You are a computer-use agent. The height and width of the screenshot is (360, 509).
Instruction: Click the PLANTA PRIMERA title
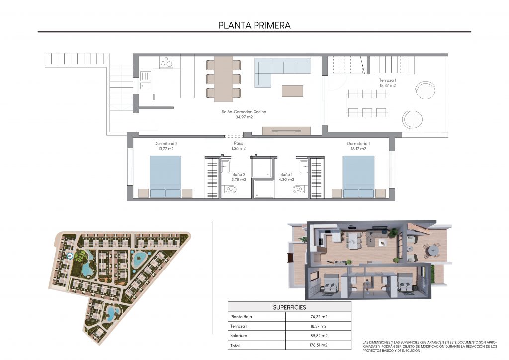[254, 25]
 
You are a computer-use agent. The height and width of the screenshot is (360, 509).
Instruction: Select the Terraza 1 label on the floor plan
[388, 83]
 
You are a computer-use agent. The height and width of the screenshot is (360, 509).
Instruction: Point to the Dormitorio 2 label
[166, 146]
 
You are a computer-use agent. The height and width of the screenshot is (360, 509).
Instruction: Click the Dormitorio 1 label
[358, 146]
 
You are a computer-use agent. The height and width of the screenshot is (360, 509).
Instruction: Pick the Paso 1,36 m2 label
[238, 146]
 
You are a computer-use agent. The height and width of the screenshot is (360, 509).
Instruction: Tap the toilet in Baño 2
[230, 189]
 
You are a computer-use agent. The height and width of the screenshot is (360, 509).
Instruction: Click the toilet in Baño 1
[299, 189]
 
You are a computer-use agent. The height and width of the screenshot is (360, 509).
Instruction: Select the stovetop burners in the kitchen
[166, 62]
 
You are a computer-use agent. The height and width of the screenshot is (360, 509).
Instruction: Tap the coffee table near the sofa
[292, 91]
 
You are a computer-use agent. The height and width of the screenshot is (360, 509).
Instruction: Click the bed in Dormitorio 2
[165, 177]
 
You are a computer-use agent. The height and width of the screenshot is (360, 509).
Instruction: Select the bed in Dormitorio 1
[358, 177]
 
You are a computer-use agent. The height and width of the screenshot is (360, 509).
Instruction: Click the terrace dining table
[367, 103]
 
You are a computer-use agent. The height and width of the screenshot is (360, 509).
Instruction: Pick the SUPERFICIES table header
[290, 307]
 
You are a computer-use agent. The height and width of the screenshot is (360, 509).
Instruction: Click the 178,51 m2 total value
[319, 345]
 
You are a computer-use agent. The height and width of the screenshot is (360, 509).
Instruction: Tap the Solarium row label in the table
[239, 335]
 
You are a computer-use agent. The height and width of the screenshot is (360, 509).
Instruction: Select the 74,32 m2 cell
[319, 317]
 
